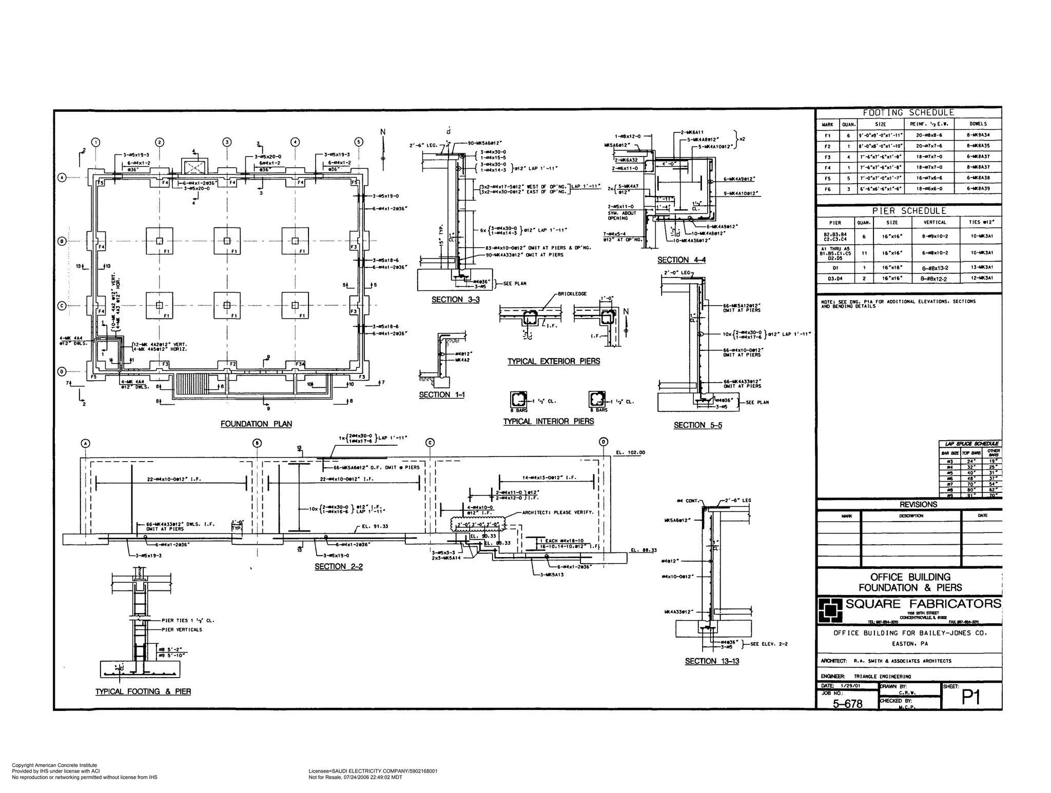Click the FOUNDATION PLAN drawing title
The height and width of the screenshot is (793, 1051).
coord(256,424)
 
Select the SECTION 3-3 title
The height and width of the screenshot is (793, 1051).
coord(455,300)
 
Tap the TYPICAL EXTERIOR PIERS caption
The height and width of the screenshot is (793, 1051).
coord(553,362)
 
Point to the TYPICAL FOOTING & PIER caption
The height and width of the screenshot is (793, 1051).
coord(143,691)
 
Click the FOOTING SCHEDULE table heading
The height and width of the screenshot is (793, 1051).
coord(908,112)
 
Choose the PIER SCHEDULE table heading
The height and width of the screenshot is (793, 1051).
coord(908,211)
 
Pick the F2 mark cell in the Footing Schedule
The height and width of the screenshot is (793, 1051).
coord(827,146)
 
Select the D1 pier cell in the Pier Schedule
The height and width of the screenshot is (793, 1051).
coord(835,267)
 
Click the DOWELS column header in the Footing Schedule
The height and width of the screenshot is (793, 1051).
coord(978,124)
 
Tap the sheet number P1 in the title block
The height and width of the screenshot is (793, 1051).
coord(970,697)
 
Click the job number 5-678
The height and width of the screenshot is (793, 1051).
coord(847,704)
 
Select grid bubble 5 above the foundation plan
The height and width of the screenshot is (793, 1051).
coord(359,142)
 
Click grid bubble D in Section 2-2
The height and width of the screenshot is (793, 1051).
coord(604,443)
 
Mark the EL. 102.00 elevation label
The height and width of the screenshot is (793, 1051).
coord(630,452)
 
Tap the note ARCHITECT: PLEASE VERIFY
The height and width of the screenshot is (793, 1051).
coord(557,512)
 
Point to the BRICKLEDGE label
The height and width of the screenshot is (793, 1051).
coord(572,294)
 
